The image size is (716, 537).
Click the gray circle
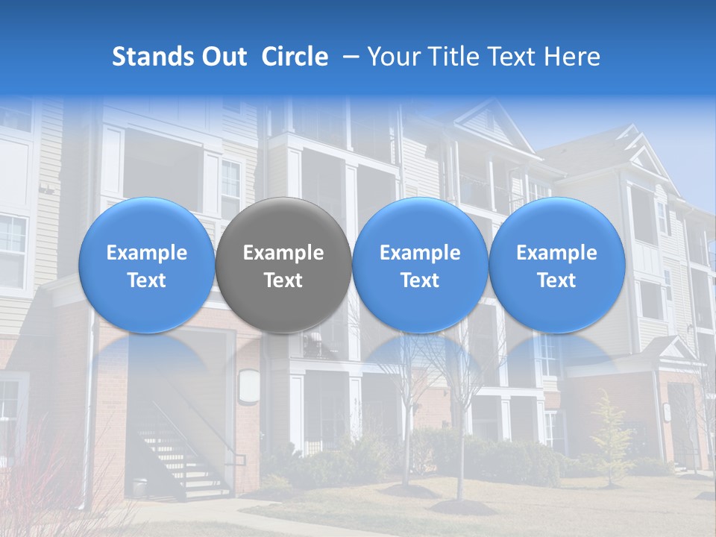click(283, 265)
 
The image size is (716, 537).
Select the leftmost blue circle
click(146, 265)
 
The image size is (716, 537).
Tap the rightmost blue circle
click(556, 265)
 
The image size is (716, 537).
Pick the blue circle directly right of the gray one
click(420, 265)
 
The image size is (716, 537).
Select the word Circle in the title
click(295, 57)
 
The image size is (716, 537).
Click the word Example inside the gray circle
click(283, 253)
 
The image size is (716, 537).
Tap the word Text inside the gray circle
click(283, 280)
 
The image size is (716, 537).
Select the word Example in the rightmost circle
click(556, 253)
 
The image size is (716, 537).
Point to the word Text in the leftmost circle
click(146, 280)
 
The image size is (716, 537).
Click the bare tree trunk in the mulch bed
click(459, 477)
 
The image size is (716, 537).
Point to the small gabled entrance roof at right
click(675, 351)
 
